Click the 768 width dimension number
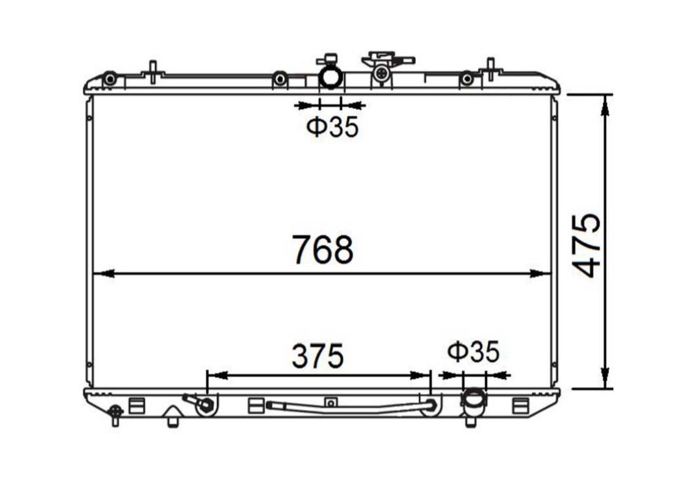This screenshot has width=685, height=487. (323, 249)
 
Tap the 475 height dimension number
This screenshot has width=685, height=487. (586, 245)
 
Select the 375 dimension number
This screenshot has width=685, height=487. (317, 355)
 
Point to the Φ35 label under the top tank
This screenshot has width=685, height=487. (332, 127)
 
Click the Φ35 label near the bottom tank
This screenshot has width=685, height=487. (473, 352)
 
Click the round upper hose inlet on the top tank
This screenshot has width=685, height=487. (330, 78)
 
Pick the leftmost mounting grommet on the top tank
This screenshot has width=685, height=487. (110, 79)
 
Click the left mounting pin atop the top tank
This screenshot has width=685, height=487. (152, 72)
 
